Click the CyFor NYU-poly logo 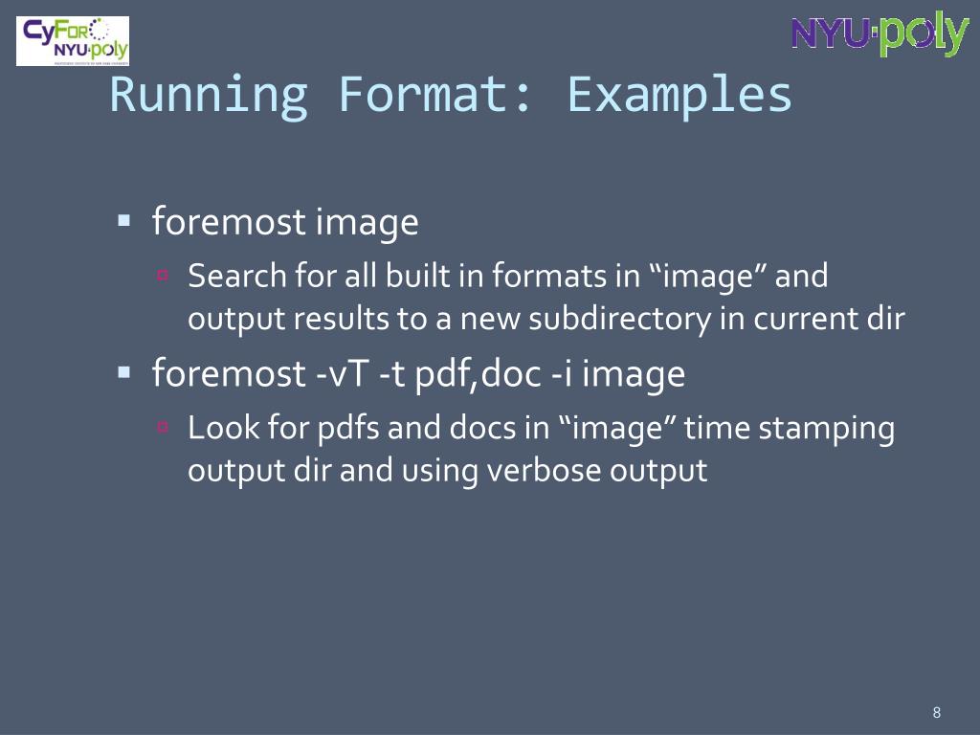coord(74,41)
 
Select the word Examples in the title coord(679,95)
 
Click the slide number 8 coord(936,712)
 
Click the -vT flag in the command coord(344,373)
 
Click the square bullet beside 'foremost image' coord(123,221)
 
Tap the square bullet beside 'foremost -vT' coord(123,371)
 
